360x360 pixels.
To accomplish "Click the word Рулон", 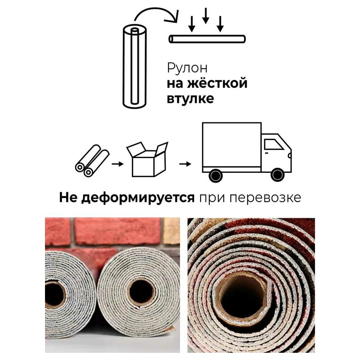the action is click(x=187, y=68).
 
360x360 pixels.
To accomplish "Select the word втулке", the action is click(x=190, y=99).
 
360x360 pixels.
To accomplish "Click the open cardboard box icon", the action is click(x=147, y=159).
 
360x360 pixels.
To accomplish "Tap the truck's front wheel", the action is click(x=277, y=175).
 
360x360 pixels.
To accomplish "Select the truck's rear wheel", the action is click(x=215, y=176).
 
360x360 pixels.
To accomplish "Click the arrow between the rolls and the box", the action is click(x=118, y=164).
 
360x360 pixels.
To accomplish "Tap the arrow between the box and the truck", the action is click(x=185, y=164).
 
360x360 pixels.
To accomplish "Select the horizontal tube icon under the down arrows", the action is click(x=207, y=39).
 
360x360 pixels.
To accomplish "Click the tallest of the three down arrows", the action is click(x=206, y=15).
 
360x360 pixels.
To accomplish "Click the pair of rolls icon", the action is click(x=92, y=161).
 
